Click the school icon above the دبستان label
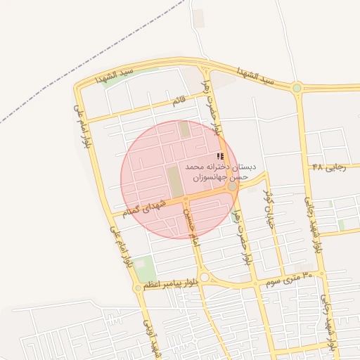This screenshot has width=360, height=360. pyautogui.click(x=220, y=156)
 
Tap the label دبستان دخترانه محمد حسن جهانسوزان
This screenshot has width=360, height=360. pyautogui.click(x=221, y=172)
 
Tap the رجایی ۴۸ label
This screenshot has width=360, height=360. pyautogui.click(x=326, y=168)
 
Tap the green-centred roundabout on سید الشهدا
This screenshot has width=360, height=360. pyautogui.click(x=297, y=88)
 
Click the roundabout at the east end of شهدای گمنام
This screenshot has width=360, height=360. pyautogui.click(x=232, y=186)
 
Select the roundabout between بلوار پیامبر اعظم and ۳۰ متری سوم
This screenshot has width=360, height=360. pyautogui.click(x=204, y=278)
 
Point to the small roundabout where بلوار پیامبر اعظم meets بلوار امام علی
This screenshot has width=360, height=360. pyautogui.click(x=138, y=288)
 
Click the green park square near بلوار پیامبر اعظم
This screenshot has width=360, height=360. pyautogui.click(x=143, y=269)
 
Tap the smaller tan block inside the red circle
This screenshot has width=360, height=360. pyautogui.click(x=184, y=129)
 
